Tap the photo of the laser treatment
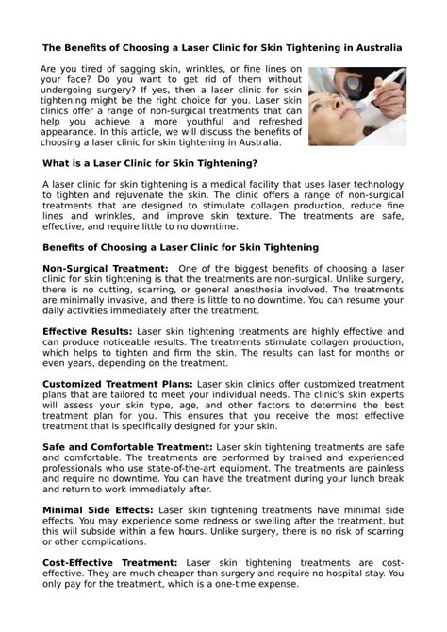[x=357, y=106]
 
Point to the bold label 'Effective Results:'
[x=88, y=332]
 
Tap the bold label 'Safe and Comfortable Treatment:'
[x=128, y=446]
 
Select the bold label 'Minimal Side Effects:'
[x=98, y=509]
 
